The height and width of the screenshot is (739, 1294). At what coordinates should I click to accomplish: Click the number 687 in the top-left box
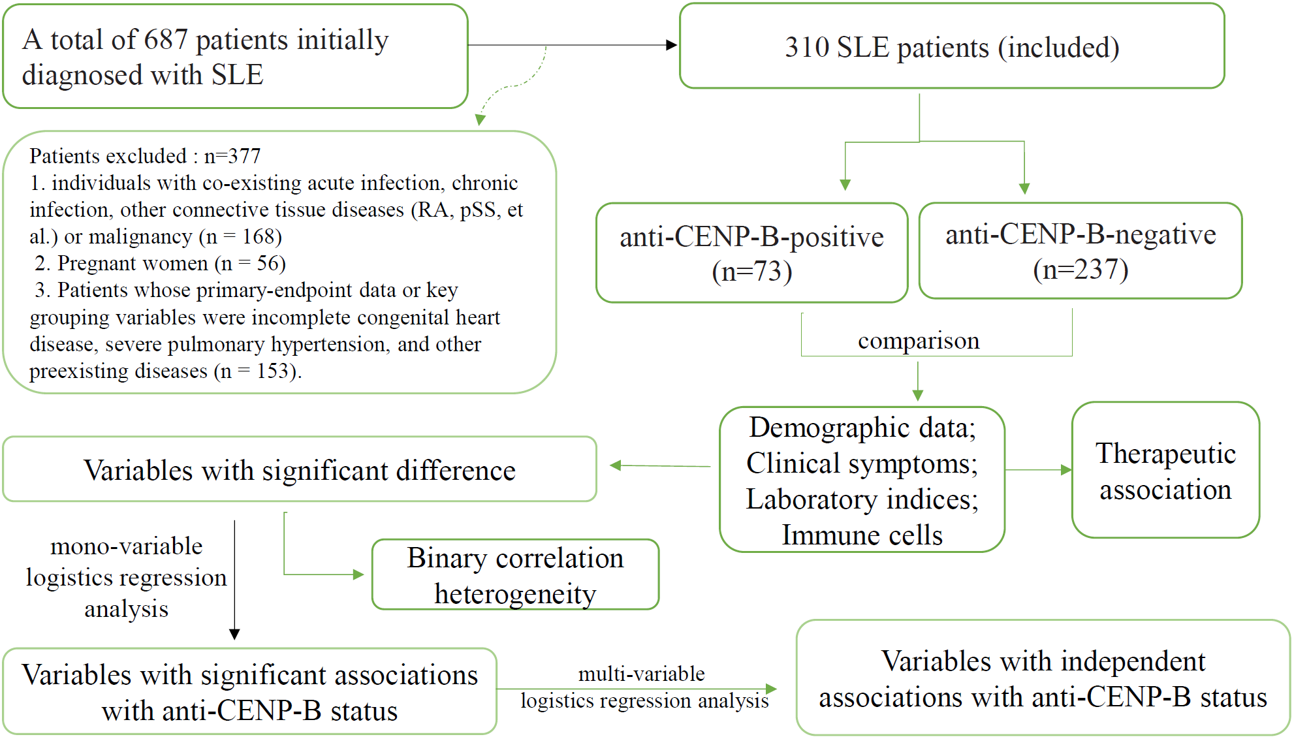pos(166,40)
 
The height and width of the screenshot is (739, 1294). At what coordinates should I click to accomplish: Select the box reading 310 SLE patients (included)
pos(951,47)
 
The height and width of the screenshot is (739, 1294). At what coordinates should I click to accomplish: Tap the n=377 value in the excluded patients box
pos(232,156)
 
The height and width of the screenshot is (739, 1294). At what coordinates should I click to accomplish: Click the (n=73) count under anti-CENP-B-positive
pos(751,272)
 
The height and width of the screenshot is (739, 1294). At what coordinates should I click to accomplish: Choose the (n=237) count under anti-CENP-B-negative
pos(1081,270)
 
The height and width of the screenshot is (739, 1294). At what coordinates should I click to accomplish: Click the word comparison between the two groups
pos(918,341)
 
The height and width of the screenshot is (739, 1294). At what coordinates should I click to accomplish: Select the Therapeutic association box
pos(1165,471)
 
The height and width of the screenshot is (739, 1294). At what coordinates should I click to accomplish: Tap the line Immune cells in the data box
pos(862,535)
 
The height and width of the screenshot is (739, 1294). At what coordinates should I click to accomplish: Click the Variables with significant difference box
pos(299,470)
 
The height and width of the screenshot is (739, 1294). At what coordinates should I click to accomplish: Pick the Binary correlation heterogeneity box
pos(515,575)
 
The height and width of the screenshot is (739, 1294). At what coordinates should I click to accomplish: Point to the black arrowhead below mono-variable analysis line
pos(234,634)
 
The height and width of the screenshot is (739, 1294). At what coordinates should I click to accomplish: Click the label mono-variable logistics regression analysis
pos(126,577)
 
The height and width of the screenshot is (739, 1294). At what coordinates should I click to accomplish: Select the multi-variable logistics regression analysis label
pos(643,687)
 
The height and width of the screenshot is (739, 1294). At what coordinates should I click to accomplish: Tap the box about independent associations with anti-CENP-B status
pos(1043,679)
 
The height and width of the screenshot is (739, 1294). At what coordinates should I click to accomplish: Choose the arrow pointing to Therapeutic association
pos(1038,469)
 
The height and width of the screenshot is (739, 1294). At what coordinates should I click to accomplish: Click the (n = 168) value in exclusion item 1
pos(240,236)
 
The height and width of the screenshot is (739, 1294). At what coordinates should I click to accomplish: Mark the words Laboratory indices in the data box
pos(862,499)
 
